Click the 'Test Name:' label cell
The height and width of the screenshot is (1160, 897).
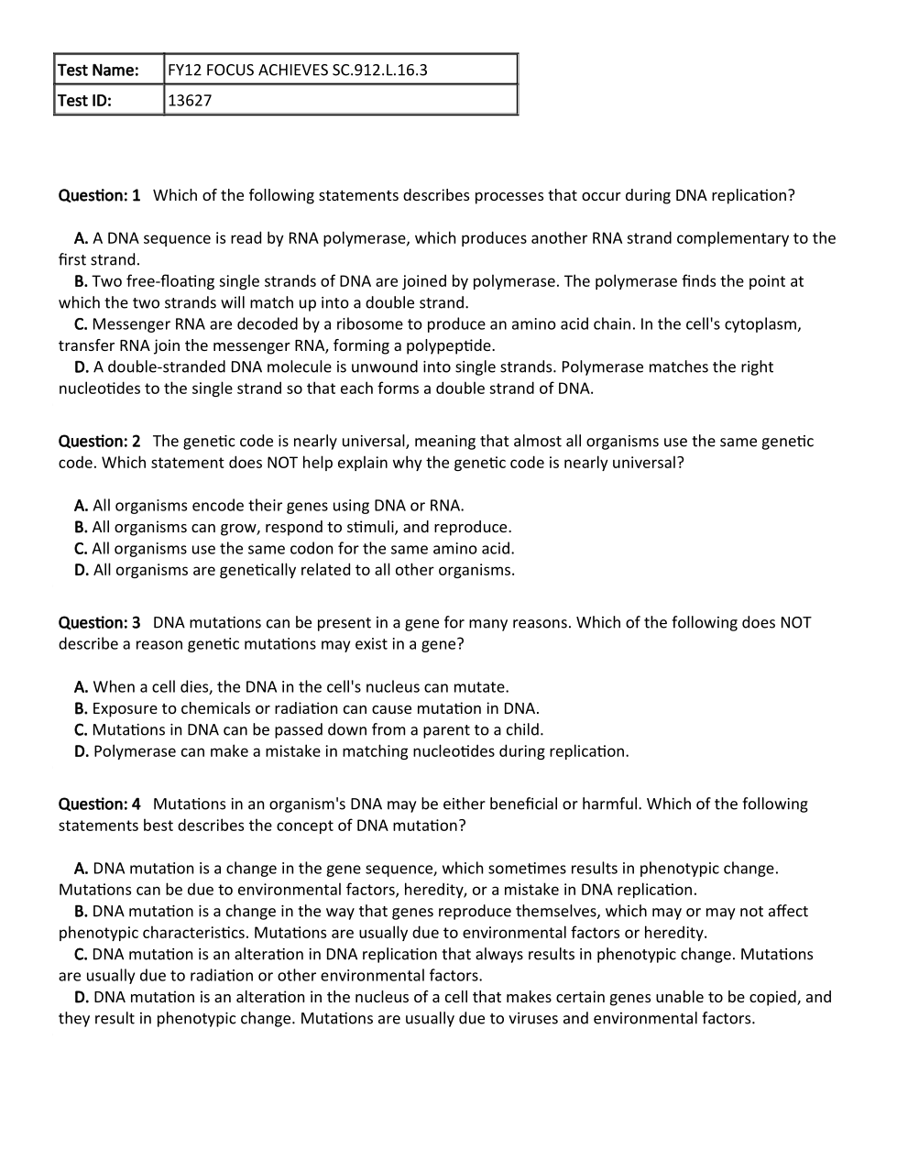click(98, 70)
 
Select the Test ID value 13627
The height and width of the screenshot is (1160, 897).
click(190, 100)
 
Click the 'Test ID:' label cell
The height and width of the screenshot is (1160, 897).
click(85, 100)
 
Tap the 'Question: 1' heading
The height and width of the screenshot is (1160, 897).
click(99, 195)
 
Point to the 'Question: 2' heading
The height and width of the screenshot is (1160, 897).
click(99, 441)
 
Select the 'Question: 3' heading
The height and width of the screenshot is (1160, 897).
click(99, 622)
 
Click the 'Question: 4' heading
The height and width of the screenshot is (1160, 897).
click(99, 804)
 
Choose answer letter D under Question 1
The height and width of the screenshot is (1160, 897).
click(82, 367)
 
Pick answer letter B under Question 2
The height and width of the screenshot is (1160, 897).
click(81, 527)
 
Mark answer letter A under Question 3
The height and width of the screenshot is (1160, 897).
click(82, 686)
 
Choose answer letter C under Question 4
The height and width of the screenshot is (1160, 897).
click(81, 954)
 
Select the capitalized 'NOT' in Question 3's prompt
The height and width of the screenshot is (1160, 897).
click(794, 622)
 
